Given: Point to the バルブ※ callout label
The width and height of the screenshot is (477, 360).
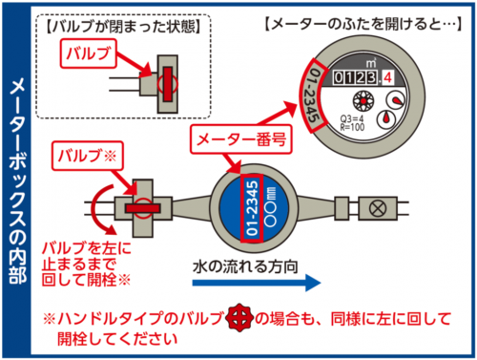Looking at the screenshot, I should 87,154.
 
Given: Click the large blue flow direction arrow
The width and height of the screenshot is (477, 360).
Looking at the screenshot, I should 248,283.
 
